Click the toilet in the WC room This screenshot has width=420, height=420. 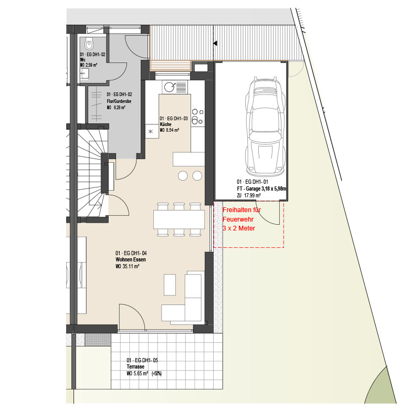tap(89, 44)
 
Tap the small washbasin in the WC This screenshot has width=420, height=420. tap(85, 73)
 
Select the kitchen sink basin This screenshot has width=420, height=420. tap(170, 87)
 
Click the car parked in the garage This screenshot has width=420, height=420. tap(265, 125)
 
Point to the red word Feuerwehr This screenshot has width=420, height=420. tap(238, 219)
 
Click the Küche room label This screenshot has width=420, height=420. tap(165, 124)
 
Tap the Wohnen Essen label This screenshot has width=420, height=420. tap(131, 259)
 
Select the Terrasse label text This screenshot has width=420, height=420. tap(135, 366)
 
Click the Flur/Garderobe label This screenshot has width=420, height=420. tap(119, 101)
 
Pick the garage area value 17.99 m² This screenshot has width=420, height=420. tap(253, 195)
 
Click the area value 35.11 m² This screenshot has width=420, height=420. tap(131, 266)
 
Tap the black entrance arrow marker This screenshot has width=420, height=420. tap(215, 43)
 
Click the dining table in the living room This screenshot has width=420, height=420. tap(179, 219)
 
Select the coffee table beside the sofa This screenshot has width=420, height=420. tap(170, 285)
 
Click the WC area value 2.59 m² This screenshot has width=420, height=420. tap(91, 65)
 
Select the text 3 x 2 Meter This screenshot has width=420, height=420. tap(239, 228)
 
